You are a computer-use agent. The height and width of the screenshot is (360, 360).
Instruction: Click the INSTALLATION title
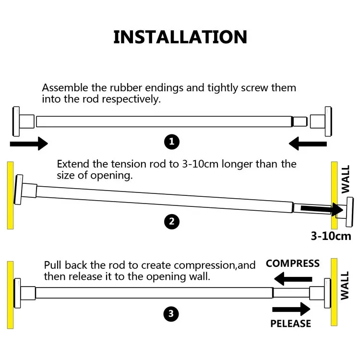coord(180,37)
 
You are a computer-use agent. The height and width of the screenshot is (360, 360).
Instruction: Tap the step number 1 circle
coord(171,142)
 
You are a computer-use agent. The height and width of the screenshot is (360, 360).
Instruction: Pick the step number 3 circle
coord(171,314)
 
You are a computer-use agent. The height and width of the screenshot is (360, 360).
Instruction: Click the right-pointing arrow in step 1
coord(29,143)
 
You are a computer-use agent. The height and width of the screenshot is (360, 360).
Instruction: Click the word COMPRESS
coord(292,263)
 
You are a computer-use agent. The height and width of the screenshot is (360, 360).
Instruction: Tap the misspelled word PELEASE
coord(290,324)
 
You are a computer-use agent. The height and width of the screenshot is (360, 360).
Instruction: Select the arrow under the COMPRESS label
coord(293,278)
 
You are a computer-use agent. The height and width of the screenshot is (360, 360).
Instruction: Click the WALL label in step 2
coord(346,179)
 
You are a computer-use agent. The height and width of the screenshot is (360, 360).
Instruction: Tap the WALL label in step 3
coord(345,285)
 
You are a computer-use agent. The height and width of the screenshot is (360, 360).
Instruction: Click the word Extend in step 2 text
coord(72,164)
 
